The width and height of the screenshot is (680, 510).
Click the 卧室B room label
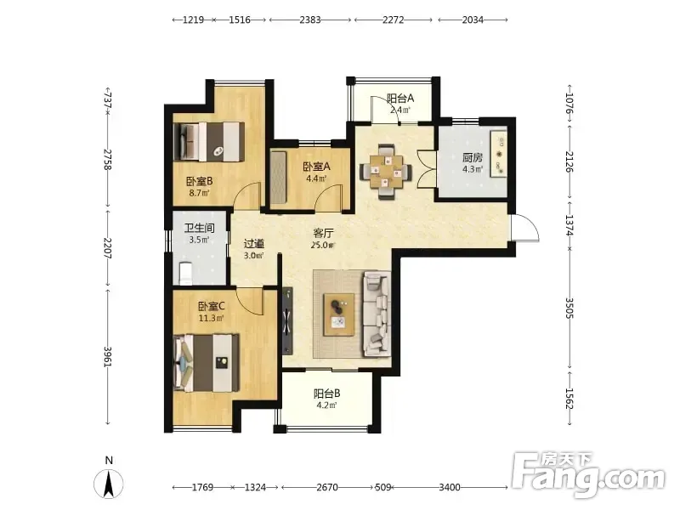(x=200, y=181)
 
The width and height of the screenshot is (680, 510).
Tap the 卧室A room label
(x=316, y=167)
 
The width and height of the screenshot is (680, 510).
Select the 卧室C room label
(x=211, y=306)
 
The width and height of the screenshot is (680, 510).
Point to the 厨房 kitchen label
(x=473, y=157)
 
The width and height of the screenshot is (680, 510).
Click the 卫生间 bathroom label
(x=200, y=228)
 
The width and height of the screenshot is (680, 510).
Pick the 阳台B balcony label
(x=326, y=394)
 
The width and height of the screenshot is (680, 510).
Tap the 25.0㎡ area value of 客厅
(x=323, y=245)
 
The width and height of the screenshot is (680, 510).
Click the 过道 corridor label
(x=253, y=244)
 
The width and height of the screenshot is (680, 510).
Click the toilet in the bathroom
(x=185, y=273)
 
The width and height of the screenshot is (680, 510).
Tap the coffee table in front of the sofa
(x=338, y=314)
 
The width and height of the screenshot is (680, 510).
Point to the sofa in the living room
(x=376, y=314)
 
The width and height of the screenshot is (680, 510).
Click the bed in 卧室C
(x=207, y=363)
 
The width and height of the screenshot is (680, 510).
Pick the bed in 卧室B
(x=208, y=142)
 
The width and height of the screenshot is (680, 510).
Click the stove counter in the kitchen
(x=499, y=153)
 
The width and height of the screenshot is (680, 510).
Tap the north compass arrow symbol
(x=109, y=483)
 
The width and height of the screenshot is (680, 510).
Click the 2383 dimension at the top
(x=310, y=20)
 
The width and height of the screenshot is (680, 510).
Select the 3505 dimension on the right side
(x=569, y=309)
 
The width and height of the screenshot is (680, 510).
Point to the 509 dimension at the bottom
(x=383, y=487)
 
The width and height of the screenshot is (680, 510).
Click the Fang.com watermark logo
(x=588, y=474)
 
